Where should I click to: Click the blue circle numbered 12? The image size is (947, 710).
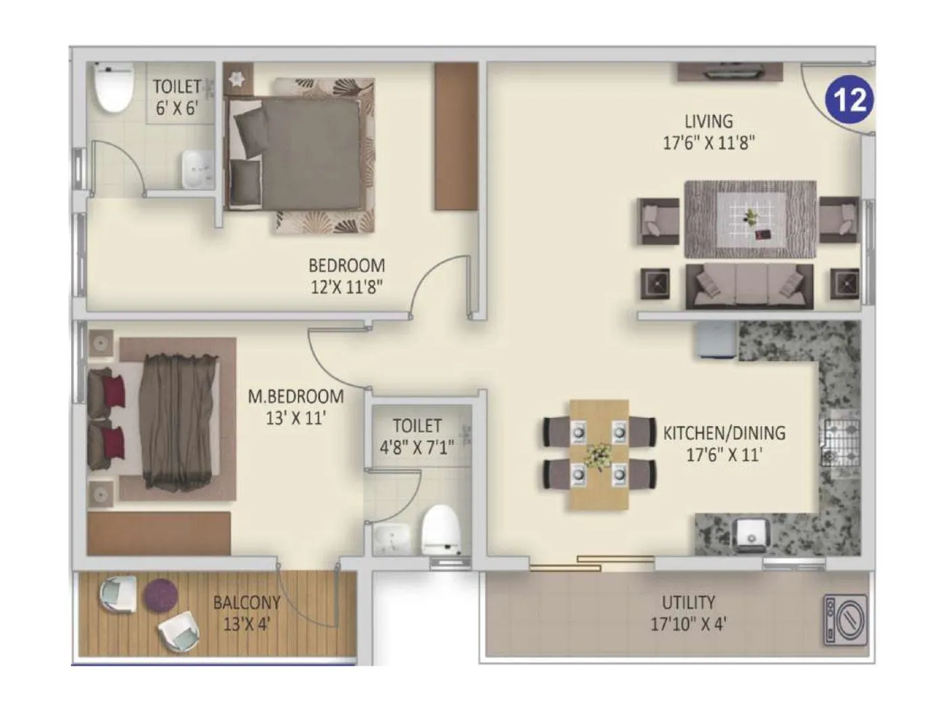pyautogui.click(x=849, y=99)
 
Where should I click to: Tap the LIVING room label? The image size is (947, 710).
pyautogui.click(x=708, y=132)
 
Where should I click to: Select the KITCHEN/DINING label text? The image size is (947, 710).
pyautogui.click(x=724, y=443)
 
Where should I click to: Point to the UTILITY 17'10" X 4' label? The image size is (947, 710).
pyautogui.click(x=688, y=613)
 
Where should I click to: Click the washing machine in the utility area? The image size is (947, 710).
pyautogui.click(x=845, y=619)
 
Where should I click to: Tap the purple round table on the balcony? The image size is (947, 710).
pyautogui.click(x=161, y=595)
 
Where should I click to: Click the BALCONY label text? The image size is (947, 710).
pyautogui.click(x=246, y=613)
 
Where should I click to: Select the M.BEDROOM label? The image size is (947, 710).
pyautogui.click(x=296, y=406)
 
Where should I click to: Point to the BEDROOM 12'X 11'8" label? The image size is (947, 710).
pyautogui.click(x=346, y=275)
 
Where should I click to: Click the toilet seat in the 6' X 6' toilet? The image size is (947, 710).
pyautogui.click(x=113, y=88)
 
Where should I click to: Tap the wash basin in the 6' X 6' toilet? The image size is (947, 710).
pyautogui.click(x=198, y=169)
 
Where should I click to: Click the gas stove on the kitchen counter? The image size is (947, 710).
pyautogui.click(x=839, y=444)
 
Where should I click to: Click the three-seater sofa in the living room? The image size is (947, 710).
pyautogui.click(x=749, y=285)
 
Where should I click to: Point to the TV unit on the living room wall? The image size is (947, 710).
pyautogui.click(x=731, y=72)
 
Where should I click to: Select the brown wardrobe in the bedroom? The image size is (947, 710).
pyautogui.click(x=456, y=136)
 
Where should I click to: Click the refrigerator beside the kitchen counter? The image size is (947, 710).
pyautogui.click(x=714, y=339)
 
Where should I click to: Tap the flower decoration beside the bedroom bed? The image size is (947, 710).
pyautogui.click(x=237, y=78)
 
